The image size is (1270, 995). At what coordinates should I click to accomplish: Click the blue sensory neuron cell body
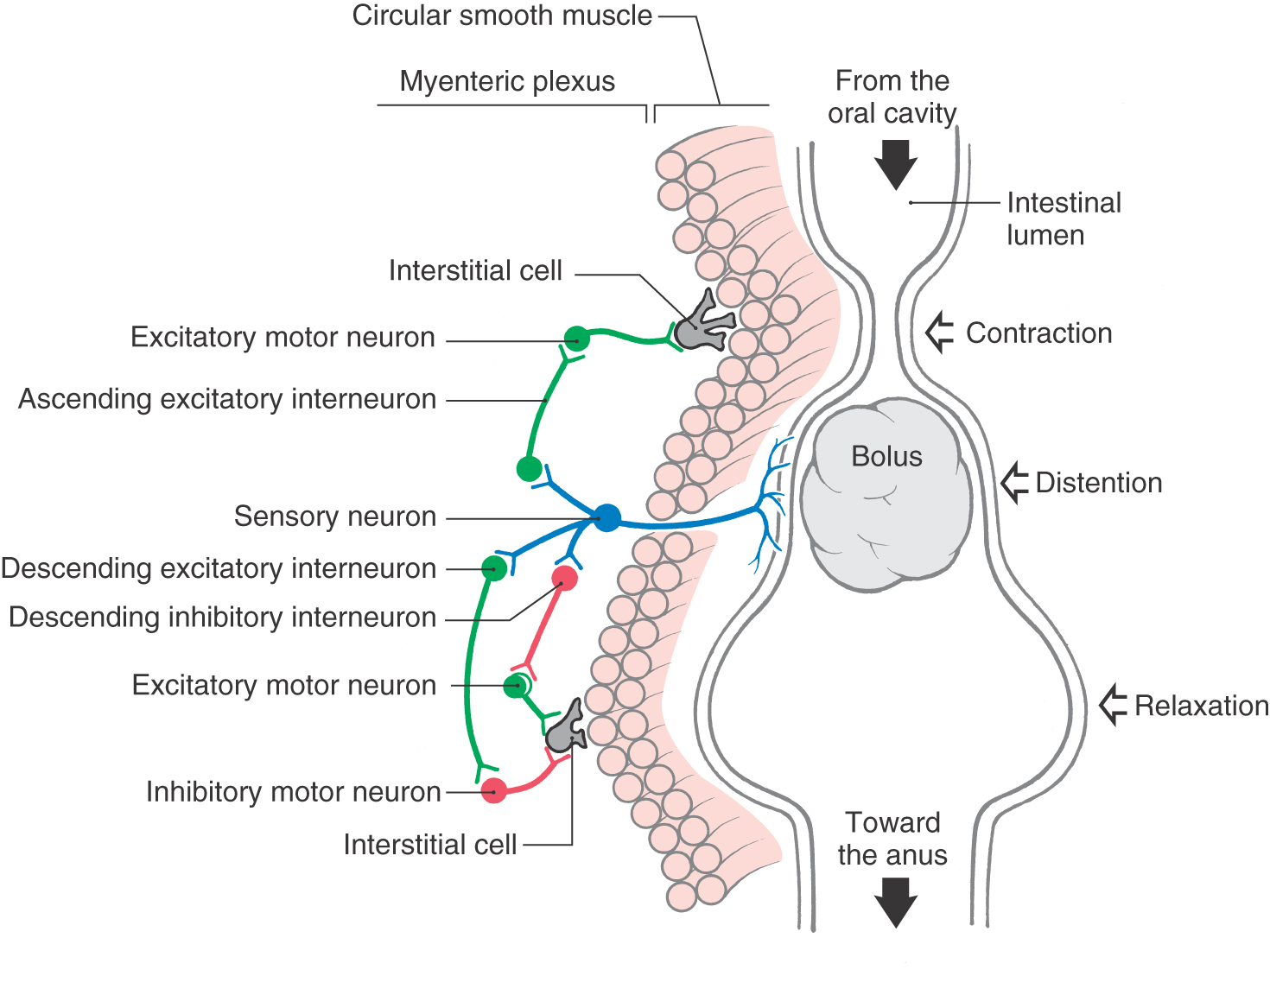point(607,517)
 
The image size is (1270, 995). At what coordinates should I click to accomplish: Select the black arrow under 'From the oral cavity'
point(895,164)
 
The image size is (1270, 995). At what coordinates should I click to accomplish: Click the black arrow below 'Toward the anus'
point(895,902)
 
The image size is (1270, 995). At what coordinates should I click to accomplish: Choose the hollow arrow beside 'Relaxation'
point(1114,705)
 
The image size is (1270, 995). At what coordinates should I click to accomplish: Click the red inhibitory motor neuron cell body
point(493,790)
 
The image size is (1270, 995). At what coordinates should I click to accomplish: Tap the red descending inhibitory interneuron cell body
point(564,578)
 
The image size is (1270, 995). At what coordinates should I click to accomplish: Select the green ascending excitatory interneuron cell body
point(529,469)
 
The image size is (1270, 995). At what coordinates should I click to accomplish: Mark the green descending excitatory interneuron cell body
point(494,567)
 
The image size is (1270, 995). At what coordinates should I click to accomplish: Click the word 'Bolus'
point(886,456)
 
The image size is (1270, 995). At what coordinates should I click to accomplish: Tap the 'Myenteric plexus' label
point(507,81)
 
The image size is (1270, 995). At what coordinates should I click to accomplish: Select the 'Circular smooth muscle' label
point(502,16)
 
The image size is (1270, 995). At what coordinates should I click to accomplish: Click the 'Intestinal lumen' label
point(1063,219)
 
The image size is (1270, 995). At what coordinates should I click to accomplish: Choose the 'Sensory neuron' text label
point(335,517)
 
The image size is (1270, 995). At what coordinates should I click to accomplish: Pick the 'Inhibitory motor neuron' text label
point(293,791)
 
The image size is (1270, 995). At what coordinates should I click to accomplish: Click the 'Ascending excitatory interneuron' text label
point(227,399)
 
